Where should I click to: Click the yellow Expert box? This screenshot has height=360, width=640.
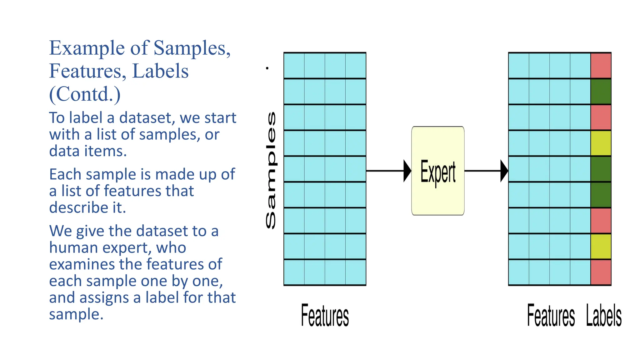coord(438,171)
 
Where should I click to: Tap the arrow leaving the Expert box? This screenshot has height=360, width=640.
coord(486,171)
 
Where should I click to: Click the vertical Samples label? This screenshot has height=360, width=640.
coord(271,170)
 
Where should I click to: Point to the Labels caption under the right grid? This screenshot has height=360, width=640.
coord(604,316)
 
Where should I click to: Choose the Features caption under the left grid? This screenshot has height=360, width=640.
coord(325,316)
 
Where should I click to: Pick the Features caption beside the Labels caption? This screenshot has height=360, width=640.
coord(551,316)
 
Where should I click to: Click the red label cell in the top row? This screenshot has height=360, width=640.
coord(601,66)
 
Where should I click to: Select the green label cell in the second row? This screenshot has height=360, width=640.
coord(601,92)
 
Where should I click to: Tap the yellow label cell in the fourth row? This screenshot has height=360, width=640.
coord(601,143)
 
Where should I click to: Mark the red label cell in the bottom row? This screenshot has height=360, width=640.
coord(601,272)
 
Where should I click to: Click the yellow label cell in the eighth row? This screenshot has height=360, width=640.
coord(601,246)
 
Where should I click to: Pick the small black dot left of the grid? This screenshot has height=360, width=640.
coord(267,68)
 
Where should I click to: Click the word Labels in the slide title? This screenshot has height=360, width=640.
coord(160,71)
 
